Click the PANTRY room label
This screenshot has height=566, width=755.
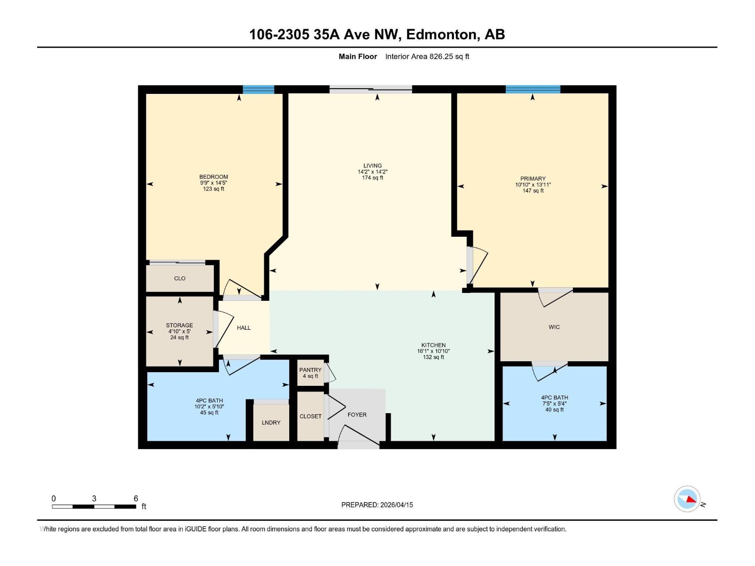(310, 370)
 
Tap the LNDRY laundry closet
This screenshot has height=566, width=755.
(271, 423)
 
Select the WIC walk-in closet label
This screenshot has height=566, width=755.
(554, 327)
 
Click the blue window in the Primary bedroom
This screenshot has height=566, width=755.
(533, 89)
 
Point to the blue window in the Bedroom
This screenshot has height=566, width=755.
(258, 89)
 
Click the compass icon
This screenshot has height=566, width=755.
(688, 499)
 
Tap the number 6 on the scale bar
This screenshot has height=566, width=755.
(136, 499)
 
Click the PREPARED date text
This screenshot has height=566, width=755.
(377, 505)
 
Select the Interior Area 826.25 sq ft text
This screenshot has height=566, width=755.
(427, 57)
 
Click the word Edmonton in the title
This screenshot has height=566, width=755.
(441, 34)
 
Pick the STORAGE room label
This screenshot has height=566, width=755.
(179, 325)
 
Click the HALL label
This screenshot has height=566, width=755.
(243, 328)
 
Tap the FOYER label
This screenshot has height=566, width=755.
(357, 415)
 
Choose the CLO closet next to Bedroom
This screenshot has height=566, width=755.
(180, 278)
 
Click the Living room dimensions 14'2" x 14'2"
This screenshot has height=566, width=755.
(372, 172)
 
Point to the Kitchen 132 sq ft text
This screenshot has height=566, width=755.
(433, 358)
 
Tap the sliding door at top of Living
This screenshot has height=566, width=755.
(370, 89)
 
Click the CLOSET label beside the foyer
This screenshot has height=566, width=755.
(310, 416)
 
